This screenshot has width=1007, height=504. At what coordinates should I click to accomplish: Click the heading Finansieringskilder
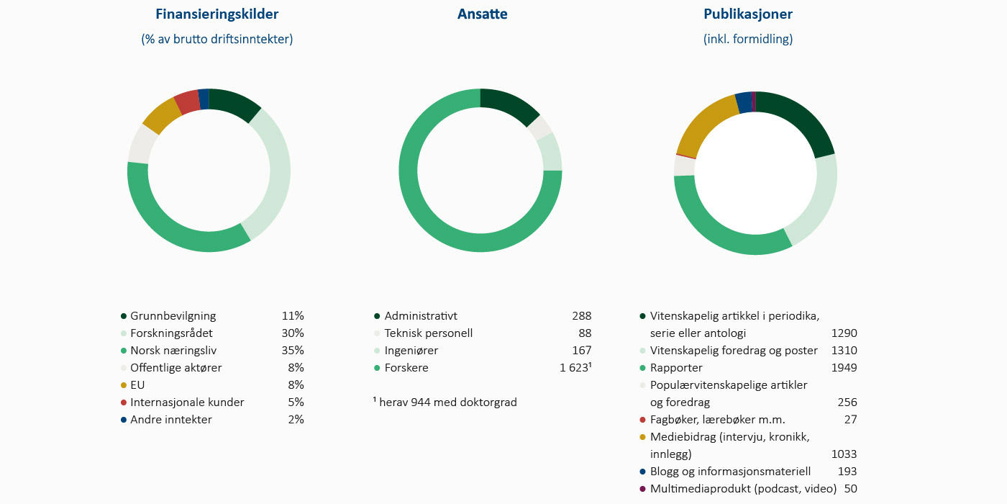[x=217, y=14]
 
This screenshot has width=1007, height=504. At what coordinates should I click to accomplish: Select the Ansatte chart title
[x=482, y=14]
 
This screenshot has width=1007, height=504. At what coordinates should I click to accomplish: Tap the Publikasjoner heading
[x=748, y=14]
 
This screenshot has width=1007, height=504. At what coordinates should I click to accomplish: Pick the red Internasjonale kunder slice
[x=187, y=102]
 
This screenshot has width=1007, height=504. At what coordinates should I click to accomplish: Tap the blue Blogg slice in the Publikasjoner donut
[x=743, y=102]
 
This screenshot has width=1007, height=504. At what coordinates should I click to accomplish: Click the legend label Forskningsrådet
[x=171, y=333]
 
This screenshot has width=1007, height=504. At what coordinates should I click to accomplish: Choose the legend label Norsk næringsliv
[x=173, y=351]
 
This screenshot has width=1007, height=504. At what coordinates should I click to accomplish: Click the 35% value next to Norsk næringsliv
[x=293, y=351]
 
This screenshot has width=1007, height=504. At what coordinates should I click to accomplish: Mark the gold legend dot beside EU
[x=124, y=385]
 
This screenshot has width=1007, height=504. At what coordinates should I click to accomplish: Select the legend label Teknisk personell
[x=429, y=333]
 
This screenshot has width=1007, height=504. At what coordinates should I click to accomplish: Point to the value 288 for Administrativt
[x=581, y=316]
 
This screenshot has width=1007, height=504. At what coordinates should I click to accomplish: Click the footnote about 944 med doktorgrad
[x=446, y=402]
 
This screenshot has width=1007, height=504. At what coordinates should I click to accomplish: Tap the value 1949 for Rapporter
[x=844, y=368]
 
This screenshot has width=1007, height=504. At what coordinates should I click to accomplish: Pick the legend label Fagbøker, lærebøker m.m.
[x=717, y=420]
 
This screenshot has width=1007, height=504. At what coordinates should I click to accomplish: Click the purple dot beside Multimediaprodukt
[x=642, y=489]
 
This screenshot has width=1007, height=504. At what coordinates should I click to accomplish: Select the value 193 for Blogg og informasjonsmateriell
[x=847, y=472]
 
